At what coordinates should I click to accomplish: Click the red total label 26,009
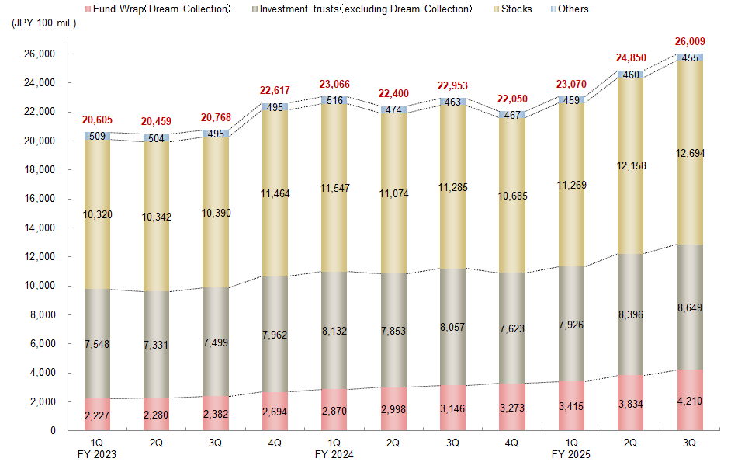(x=690, y=41)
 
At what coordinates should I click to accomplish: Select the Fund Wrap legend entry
(x=162, y=9)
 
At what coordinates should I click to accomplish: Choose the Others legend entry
(x=573, y=9)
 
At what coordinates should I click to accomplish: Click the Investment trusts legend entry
(x=365, y=9)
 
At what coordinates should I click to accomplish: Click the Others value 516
(x=334, y=100)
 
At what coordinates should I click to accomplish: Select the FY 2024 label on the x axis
(x=334, y=454)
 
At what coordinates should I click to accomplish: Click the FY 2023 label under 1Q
(x=97, y=454)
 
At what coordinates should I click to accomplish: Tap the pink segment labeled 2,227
(x=97, y=416)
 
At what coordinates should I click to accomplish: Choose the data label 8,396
(x=630, y=314)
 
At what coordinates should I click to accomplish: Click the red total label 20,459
(x=157, y=121)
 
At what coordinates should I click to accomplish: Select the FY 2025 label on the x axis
(x=570, y=454)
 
